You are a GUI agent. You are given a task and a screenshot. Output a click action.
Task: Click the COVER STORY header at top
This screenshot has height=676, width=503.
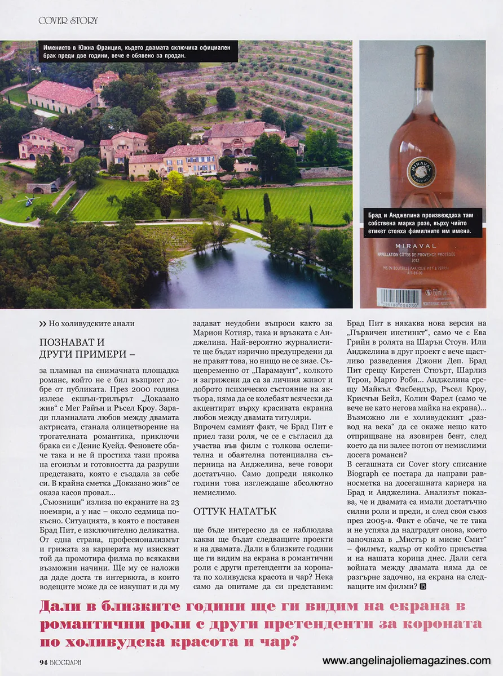(x=68, y=20)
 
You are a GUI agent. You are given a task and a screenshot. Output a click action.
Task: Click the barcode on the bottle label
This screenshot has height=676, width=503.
(x=399, y=297)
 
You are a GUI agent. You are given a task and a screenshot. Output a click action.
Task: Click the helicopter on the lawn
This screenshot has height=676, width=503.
(x=28, y=201)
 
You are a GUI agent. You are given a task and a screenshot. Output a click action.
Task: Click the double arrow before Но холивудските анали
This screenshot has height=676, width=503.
(x=43, y=323)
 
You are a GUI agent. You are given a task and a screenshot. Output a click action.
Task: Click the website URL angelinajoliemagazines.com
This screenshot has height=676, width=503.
(x=406, y=660)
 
